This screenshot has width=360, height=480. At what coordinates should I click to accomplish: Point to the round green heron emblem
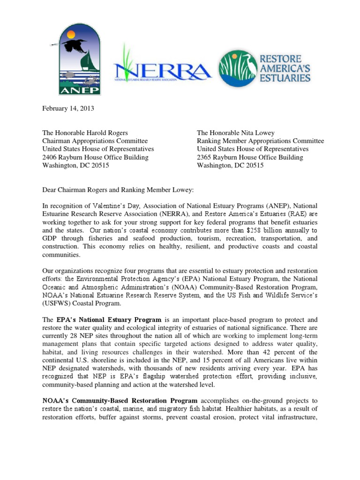[238, 69]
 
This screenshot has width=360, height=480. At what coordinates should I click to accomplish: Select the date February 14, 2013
[68, 108]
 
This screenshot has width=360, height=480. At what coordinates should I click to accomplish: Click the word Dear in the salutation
[50, 190]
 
